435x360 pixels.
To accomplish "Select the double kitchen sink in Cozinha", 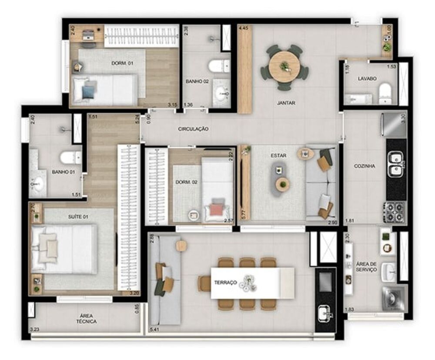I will (x=396, y=164).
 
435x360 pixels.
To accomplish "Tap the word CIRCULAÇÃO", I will (x=193, y=129).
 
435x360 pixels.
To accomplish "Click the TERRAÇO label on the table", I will (x=225, y=283).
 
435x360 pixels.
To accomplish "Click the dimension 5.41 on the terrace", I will (x=154, y=330).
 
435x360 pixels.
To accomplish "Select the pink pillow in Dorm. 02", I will (x=217, y=209).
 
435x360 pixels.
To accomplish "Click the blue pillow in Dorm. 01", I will (x=89, y=91).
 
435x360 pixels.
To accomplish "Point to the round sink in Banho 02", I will (x=222, y=93).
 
